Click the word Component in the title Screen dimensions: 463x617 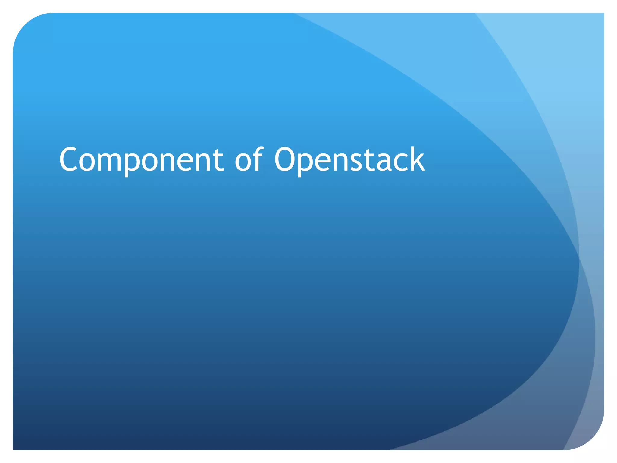point(141,160)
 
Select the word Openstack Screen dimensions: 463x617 point(349,160)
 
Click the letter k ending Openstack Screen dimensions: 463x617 point(416,160)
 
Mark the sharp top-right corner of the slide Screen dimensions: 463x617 point(603,14)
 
